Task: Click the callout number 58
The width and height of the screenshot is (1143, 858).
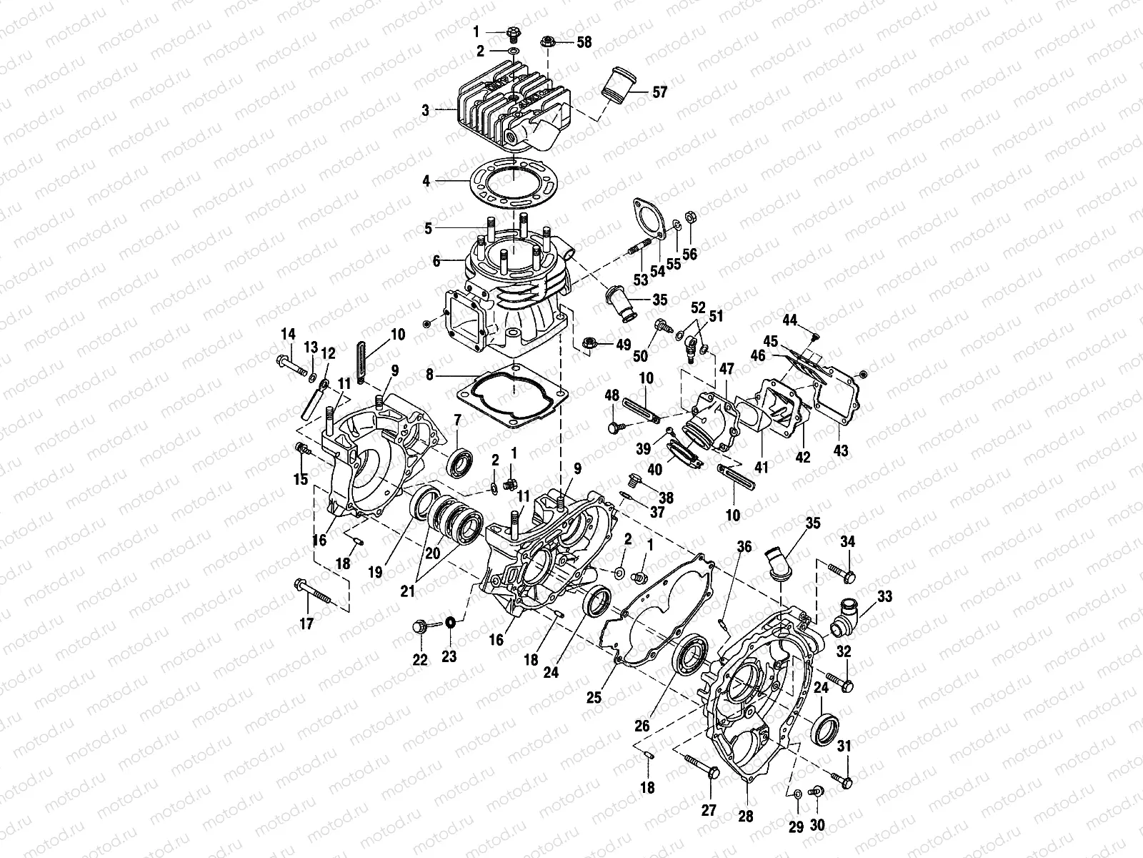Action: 584,42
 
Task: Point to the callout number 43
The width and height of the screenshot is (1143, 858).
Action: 841,452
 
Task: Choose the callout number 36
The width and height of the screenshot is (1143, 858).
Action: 744,547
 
